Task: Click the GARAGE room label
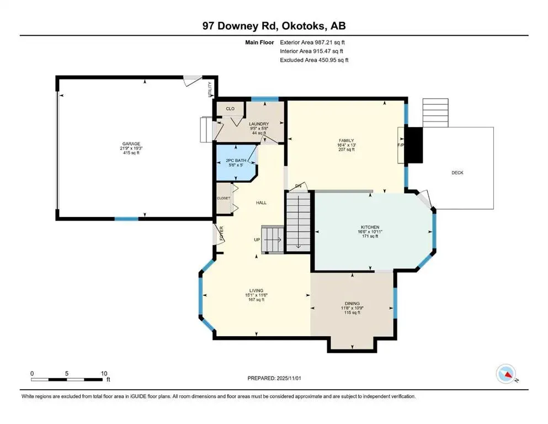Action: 131,144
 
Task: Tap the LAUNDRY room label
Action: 258,124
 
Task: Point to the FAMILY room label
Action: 346,141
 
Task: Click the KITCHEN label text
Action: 370,227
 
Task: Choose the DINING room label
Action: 352,304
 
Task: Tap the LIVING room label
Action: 256,290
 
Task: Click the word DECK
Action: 457,173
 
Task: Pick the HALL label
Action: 261,203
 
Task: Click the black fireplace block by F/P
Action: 414,145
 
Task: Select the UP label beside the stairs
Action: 256,240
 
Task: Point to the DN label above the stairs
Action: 299,186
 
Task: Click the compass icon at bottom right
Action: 507,375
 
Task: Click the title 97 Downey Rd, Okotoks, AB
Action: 274,26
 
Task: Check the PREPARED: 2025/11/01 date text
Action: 274,378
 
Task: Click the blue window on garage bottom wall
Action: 126,219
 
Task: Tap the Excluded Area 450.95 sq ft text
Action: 314,60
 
